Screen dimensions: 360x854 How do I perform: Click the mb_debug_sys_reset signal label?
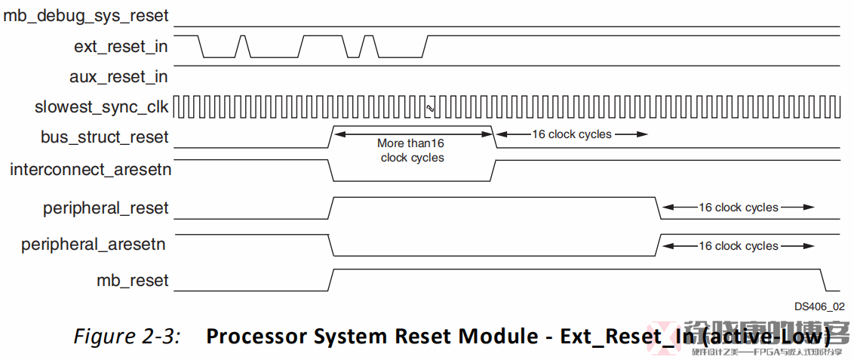tap(86, 15)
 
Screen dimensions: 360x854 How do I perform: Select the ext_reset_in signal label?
tap(121, 47)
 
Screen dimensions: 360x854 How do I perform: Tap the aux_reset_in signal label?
tap(118, 77)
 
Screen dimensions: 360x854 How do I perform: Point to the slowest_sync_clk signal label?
tap(102, 107)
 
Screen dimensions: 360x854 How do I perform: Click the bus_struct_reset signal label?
tap(105, 137)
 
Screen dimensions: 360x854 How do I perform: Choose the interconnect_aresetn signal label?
tap(91, 170)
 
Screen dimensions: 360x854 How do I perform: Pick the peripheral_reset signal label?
tap(106, 208)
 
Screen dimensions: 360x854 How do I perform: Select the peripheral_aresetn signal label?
tap(94, 245)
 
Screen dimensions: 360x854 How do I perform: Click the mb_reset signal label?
tap(133, 281)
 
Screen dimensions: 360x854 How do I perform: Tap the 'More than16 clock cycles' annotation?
tap(412, 150)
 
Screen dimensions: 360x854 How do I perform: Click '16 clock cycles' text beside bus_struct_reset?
tap(570, 134)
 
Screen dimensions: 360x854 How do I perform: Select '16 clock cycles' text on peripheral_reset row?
tap(738, 208)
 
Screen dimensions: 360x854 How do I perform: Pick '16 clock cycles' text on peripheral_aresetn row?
tap(738, 246)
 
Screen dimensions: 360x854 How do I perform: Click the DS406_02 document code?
tap(819, 306)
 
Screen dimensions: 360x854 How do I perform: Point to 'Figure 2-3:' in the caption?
tap(127, 337)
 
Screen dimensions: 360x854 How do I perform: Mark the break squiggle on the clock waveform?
tap(430, 108)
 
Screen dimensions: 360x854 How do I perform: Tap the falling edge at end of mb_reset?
tap(825, 280)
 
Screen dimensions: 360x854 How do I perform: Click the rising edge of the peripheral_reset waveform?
tap(330, 208)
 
